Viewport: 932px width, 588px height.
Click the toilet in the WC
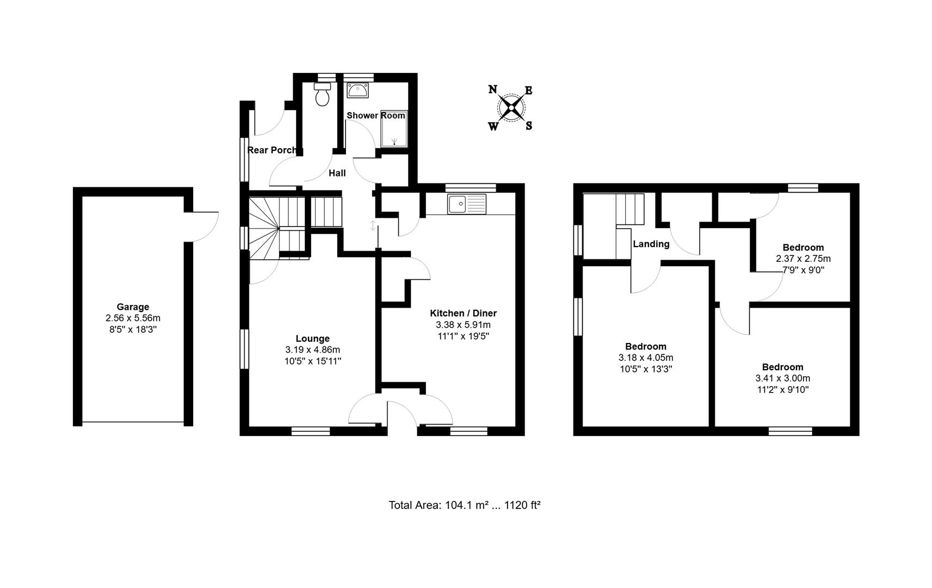tap(323, 94)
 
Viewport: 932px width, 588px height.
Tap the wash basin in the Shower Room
tap(358, 90)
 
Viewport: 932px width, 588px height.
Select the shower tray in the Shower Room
tap(394, 128)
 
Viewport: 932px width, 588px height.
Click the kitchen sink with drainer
tap(467, 204)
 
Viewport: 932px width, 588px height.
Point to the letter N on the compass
tap(492, 89)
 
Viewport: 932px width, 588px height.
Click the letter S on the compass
tap(529, 126)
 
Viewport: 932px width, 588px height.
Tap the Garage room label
tap(133, 307)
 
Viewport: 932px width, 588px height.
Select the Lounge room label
tap(312, 339)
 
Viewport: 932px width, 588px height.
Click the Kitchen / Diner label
tap(463, 313)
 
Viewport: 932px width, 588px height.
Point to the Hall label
tap(337, 173)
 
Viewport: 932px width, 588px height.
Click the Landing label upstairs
tap(651, 244)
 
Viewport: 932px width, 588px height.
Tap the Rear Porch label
tap(273, 150)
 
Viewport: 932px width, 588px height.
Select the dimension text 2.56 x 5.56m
tap(133, 318)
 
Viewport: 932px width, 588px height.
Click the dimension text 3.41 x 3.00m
tap(782, 378)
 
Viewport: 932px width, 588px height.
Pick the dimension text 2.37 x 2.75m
tap(803, 259)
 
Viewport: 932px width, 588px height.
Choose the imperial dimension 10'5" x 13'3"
tap(646, 369)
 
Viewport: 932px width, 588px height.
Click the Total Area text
tap(464, 505)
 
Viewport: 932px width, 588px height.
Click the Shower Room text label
tap(376, 115)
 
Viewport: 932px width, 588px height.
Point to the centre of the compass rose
tap(511, 108)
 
